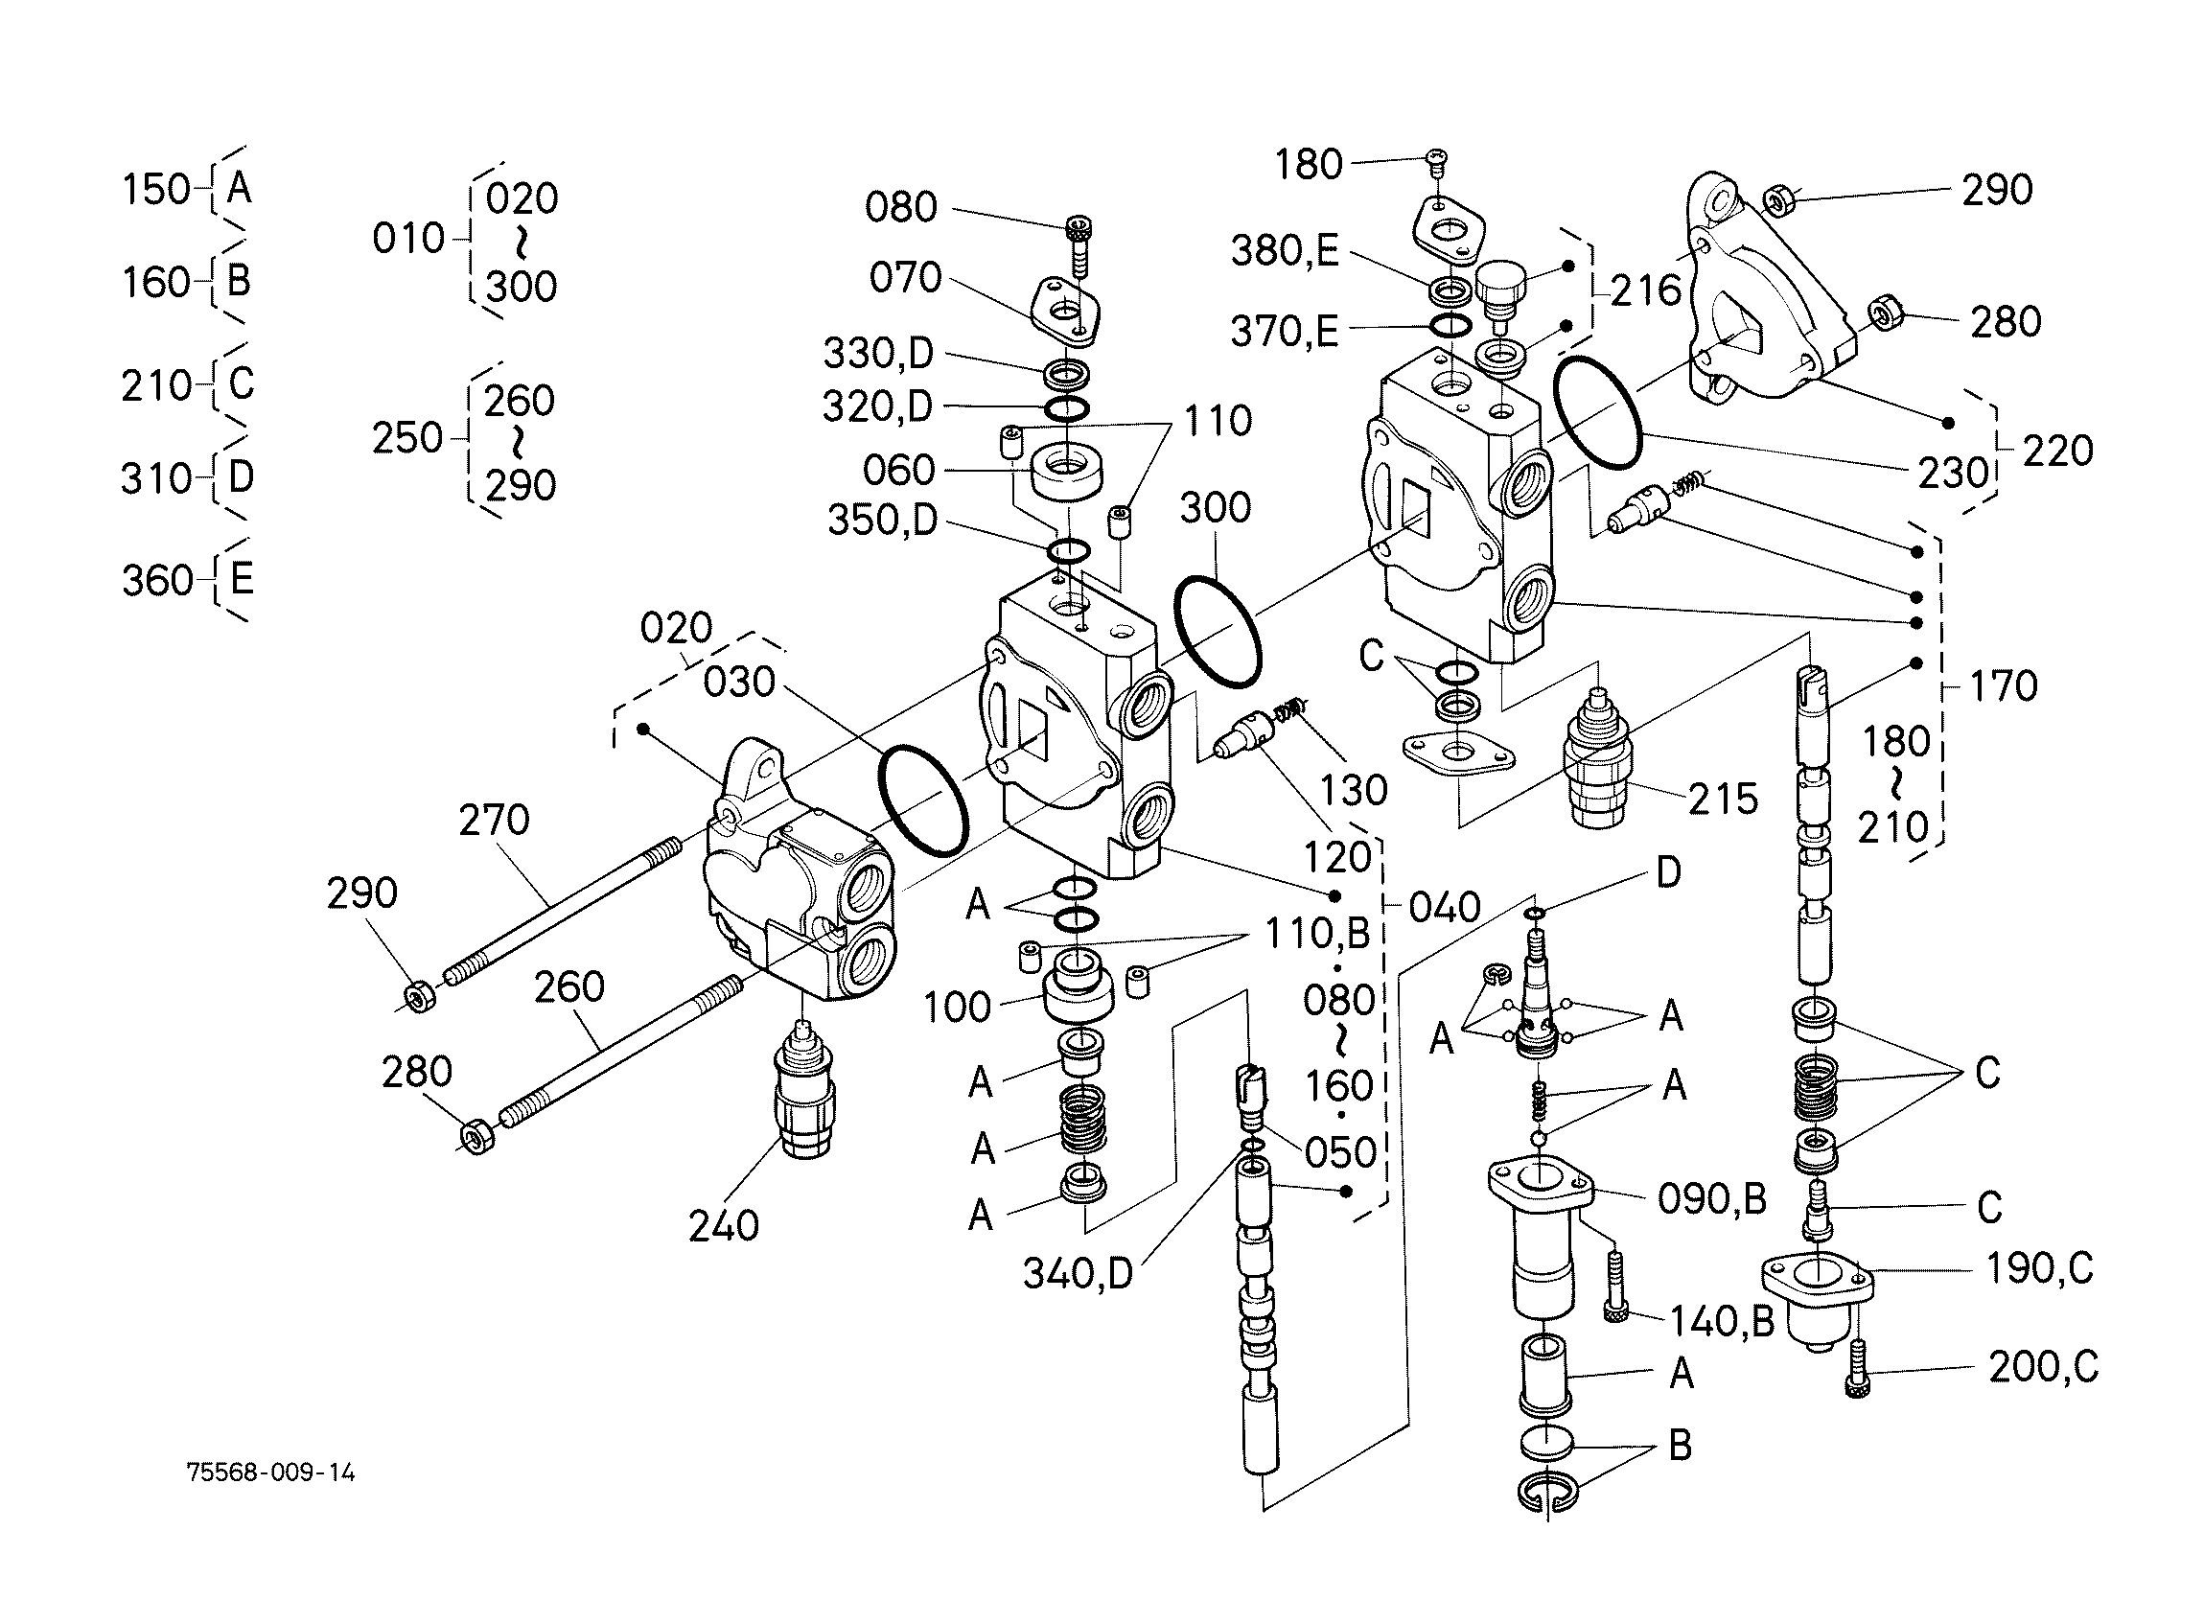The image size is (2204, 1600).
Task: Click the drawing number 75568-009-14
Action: click(x=271, y=1472)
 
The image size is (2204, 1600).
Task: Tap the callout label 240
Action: click(x=724, y=1227)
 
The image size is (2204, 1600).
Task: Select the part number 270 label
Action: click(x=495, y=821)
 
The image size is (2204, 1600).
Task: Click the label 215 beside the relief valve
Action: click(x=1723, y=799)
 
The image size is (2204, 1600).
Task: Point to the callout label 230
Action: click(x=1953, y=474)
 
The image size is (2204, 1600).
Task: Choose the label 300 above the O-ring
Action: click(x=1216, y=507)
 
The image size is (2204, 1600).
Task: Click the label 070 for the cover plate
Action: click(x=906, y=278)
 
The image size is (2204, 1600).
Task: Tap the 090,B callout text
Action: click(x=1712, y=1199)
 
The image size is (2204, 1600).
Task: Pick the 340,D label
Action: click(x=1079, y=1273)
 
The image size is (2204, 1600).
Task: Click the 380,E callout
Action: click(x=1285, y=251)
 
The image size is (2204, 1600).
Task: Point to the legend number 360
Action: click(x=157, y=580)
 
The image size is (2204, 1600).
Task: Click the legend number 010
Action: click(x=408, y=238)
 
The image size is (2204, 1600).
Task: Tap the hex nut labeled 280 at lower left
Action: click(x=477, y=1136)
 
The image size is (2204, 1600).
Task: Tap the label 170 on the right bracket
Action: click(x=2003, y=686)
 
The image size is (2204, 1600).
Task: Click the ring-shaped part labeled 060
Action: click(x=1066, y=473)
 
